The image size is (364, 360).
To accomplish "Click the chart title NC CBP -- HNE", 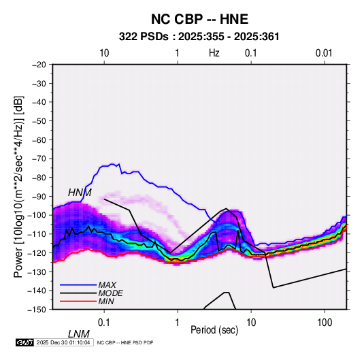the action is tap(199, 19).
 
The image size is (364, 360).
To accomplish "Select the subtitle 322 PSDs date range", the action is tap(199, 37).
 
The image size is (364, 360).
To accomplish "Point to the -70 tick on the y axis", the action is tap(39, 159).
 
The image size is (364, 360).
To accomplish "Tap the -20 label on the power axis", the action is tap(39, 65).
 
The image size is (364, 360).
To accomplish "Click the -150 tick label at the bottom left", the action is tap(37, 310).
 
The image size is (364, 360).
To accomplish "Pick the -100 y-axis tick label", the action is tap(37, 215).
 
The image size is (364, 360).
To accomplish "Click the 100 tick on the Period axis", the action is tap(325, 323).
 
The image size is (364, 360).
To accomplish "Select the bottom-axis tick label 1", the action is tap(178, 323).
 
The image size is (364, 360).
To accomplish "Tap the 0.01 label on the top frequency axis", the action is tap(324, 53).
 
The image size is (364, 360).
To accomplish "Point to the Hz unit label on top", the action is tap(214, 53).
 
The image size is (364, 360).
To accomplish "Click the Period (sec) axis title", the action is tap(214, 330).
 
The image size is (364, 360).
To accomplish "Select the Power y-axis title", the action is tap(18, 186).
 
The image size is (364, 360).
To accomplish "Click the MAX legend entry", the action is tap(107, 285).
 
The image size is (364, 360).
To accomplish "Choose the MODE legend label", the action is tap(110, 293).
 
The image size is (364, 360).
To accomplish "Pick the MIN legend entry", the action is tap(106, 301).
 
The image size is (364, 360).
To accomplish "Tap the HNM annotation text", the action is tap(80, 193).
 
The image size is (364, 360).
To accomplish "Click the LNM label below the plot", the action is tap(78, 334).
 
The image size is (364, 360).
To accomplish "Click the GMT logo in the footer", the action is tap(25, 342).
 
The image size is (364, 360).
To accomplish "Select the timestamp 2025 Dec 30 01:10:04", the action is tap(63, 342).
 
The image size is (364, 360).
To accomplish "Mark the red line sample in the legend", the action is tap(78, 301).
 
